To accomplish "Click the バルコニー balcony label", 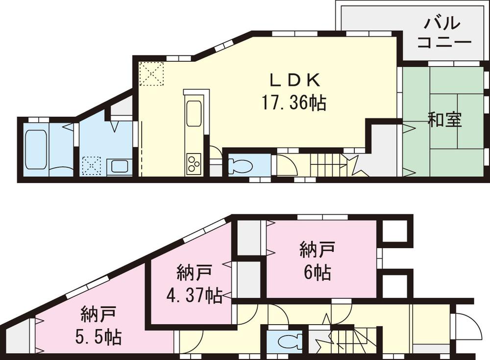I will click(x=444, y=32).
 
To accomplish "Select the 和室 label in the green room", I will click(x=444, y=120).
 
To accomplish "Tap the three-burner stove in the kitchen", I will click(x=193, y=162).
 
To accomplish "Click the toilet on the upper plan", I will click(x=240, y=166).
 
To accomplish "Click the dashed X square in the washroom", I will click(x=92, y=166).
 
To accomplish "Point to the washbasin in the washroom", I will click(x=119, y=166).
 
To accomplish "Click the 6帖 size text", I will click(x=317, y=272).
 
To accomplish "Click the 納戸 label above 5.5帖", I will click(x=98, y=312).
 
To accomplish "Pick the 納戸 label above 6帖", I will click(x=317, y=249).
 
